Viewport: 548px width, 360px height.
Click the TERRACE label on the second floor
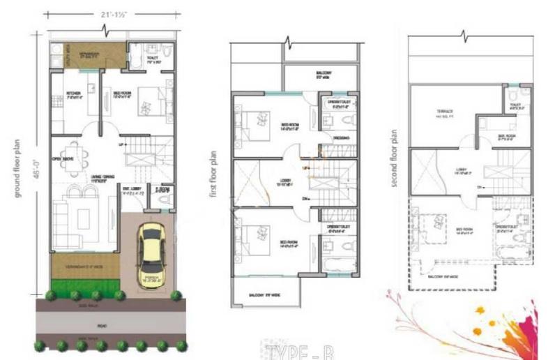pyautogui.click(x=446, y=112)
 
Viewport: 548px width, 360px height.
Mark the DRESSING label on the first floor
pyautogui.click(x=341, y=138)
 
